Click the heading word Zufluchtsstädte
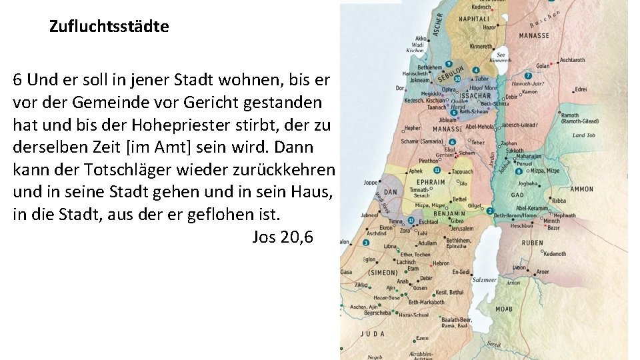point(109,27)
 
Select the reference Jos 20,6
point(283,237)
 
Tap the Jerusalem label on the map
point(461,229)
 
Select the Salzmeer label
point(485,280)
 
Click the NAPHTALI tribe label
point(474,19)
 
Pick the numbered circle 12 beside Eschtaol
point(411,220)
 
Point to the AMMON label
point(582,189)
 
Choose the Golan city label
point(543,66)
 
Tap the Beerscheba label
point(377,312)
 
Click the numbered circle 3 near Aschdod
point(365,243)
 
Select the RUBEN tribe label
point(532,243)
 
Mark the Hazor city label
point(490,28)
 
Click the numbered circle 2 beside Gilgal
point(489,211)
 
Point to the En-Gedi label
point(461,272)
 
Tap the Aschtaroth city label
point(572,60)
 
